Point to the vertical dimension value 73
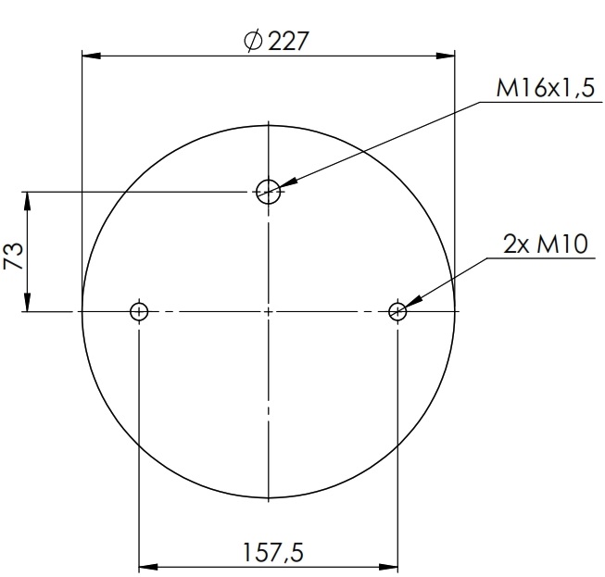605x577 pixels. pos(14,252)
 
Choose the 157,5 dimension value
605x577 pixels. pos(272,552)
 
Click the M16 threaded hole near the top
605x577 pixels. pos(269,192)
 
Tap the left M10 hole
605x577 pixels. pos(139,311)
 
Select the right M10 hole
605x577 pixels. pos(398,311)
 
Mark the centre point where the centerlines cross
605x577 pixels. pos(269,311)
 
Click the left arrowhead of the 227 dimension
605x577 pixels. pos(90,56)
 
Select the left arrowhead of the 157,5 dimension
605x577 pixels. pos(146,567)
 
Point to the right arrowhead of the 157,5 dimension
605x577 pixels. pos(391,567)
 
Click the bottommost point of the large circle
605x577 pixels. pos(269,499)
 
